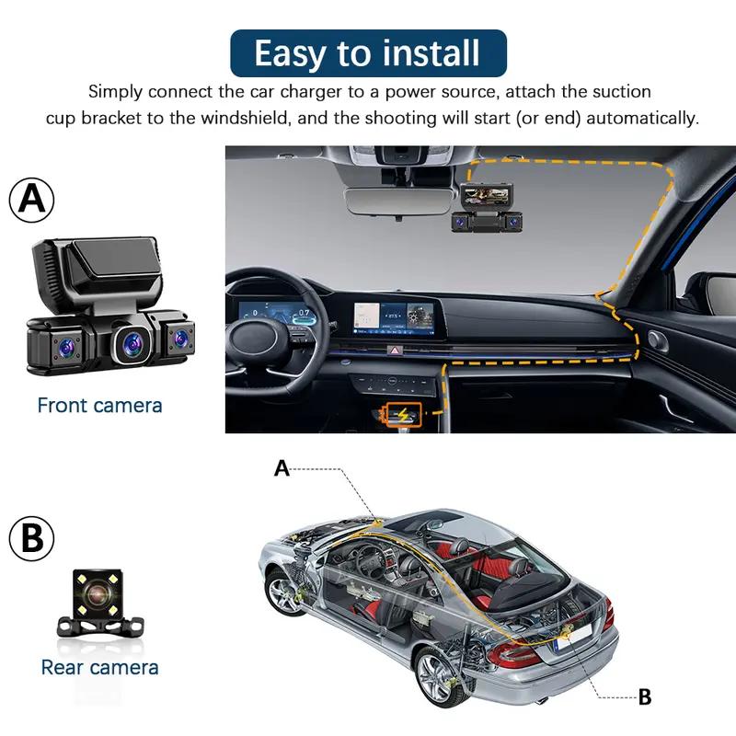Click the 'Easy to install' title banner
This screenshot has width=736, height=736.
(x=367, y=52)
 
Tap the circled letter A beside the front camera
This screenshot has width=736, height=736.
(x=32, y=200)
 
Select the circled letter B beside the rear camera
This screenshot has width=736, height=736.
(x=32, y=539)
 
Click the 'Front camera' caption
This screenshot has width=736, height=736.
(x=99, y=406)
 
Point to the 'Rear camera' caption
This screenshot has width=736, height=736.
(x=99, y=668)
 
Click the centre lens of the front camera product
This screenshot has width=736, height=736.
(x=130, y=343)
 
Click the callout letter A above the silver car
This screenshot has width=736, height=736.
(x=282, y=468)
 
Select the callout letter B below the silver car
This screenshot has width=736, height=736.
(x=644, y=697)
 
